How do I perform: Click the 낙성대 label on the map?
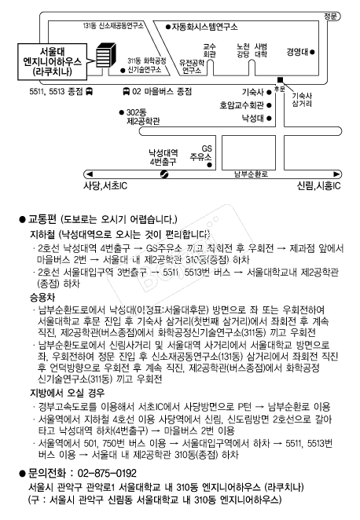(252, 119)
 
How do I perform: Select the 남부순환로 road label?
(251, 175)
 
